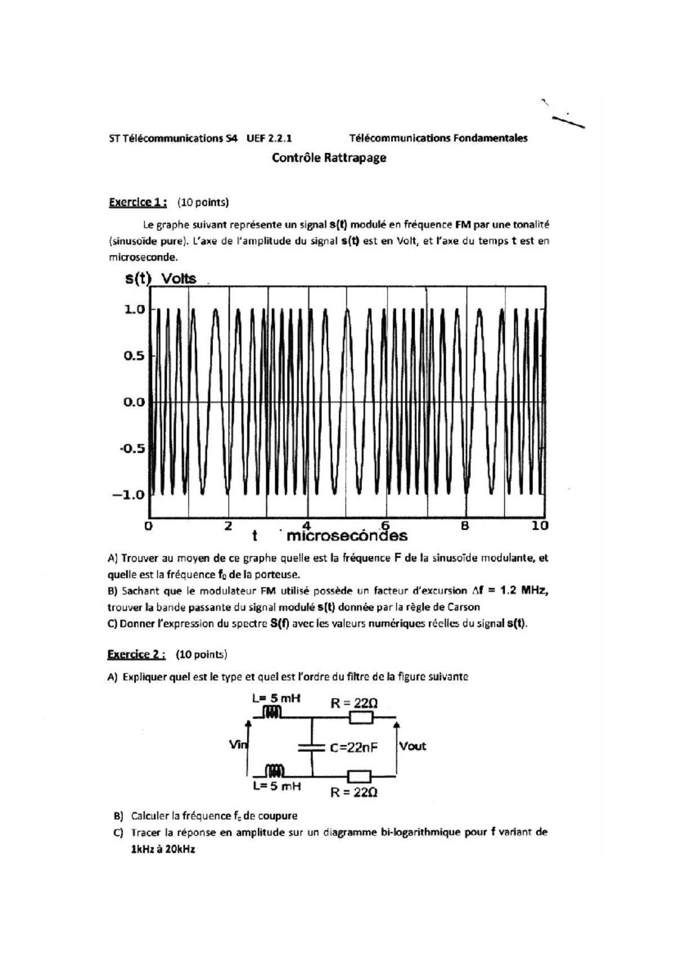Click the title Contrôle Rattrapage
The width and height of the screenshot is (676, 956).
pyautogui.click(x=329, y=158)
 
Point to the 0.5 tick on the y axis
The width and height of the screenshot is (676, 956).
pyautogui.click(x=134, y=356)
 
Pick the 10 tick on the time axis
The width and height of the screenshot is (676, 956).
pyautogui.click(x=540, y=526)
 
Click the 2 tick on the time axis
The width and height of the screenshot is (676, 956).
pyautogui.click(x=228, y=526)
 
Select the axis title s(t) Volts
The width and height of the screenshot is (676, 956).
pyautogui.click(x=161, y=279)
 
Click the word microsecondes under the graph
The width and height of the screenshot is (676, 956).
pyautogui.click(x=346, y=536)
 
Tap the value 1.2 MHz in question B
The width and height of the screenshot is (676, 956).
pyautogui.click(x=523, y=591)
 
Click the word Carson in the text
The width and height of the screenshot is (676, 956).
pyautogui.click(x=464, y=607)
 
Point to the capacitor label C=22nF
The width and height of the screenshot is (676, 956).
pyautogui.click(x=354, y=748)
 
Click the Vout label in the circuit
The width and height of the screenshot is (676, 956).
pyautogui.click(x=412, y=747)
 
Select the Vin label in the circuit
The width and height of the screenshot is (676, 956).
pyautogui.click(x=238, y=745)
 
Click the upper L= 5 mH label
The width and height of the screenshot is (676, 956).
pyautogui.click(x=276, y=699)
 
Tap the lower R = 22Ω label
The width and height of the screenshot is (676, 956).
pyautogui.click(x=354, y=792)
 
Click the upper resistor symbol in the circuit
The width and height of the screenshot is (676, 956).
pyautogui.click(x=361, y=717)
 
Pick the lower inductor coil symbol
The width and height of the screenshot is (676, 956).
pyautogui.click(x=275, y=770)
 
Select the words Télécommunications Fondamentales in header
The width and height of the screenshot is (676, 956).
pyautogui.click(x=438, y=138)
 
